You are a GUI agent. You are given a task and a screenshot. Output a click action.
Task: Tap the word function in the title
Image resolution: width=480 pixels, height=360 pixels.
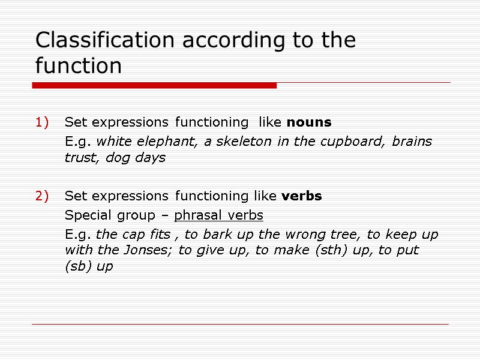78,65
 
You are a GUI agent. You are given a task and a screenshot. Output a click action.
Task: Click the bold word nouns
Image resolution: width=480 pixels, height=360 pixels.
309,122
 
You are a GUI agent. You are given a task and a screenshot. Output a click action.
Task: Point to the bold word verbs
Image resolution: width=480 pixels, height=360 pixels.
301,196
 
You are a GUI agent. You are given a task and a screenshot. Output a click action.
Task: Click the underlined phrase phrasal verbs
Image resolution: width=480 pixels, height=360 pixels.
218,215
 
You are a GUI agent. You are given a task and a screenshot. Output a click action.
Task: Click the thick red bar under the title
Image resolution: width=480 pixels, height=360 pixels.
154,86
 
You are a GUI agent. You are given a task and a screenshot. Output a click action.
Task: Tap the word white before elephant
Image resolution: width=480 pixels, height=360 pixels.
113,142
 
